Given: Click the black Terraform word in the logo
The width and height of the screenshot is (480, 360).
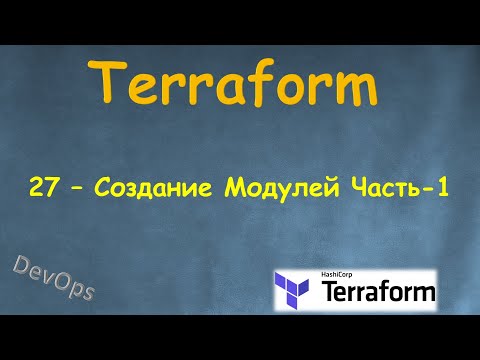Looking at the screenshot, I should pos(377,293).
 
